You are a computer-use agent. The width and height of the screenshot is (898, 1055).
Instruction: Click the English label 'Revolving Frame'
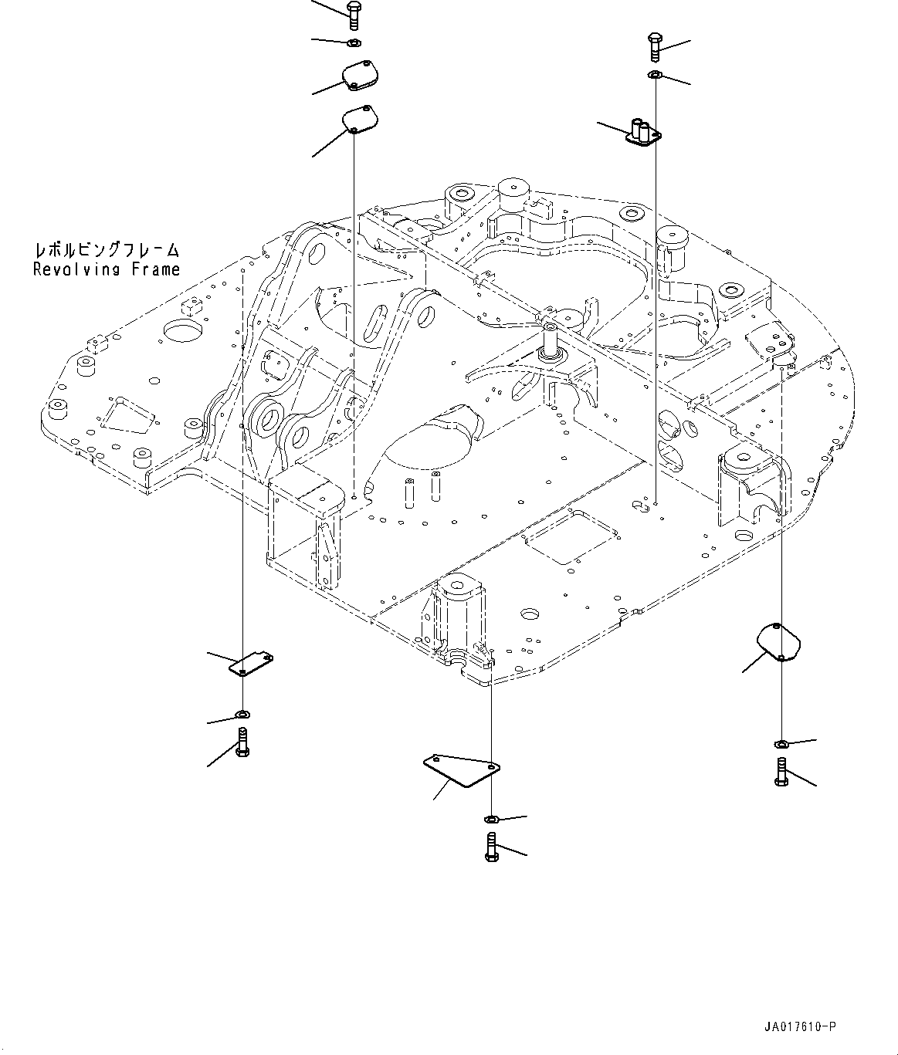[x=106, y=269]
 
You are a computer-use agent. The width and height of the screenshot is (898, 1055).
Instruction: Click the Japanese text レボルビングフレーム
[x=106, y=250]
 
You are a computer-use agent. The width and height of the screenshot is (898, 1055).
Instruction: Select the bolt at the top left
[x=353, y=16]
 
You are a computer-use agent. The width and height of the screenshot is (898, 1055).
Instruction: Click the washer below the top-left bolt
[x=354, y=42]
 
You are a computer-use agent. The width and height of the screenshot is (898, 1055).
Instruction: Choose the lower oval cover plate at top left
[x=359, y=120]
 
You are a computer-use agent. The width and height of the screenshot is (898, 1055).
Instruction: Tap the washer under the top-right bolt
[x=654, y=74]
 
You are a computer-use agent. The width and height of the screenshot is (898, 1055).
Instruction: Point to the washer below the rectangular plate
[x=243, y=713]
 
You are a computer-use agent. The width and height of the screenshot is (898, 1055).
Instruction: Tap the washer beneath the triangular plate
[x=491, y=817]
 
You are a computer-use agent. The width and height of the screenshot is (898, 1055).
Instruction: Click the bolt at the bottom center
[x=491, y=846]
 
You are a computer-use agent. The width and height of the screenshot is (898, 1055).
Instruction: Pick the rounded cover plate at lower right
[x=777, y=641]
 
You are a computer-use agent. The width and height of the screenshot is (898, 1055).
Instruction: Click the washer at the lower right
[x=781, y=743]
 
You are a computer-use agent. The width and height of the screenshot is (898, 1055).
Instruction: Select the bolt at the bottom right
[x=781, y=772]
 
